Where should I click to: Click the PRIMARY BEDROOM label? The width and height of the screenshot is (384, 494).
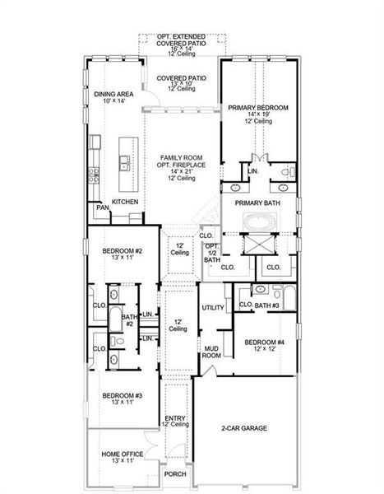[258, 107]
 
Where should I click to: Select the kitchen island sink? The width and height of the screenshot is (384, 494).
[125, 162]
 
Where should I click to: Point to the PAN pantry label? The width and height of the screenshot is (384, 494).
[102, 208]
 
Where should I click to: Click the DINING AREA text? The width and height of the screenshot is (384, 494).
[114, 95]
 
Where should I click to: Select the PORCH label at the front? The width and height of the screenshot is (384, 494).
[174, 473]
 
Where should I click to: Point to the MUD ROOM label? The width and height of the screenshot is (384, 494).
[211, 352]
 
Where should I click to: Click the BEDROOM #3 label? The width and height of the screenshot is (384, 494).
[123, 396]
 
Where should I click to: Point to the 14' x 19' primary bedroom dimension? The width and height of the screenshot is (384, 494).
[258, 114]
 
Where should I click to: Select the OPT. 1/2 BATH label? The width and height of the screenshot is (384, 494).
[211, 253]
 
